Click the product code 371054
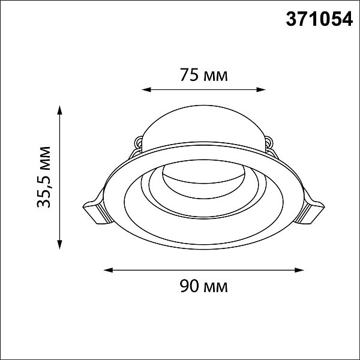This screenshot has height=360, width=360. pyautogui.click(x=319, y=19)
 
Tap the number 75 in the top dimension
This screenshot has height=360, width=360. pyautogui.click(x=189, y=74)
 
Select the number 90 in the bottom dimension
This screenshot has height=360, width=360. pyautogui.click(x=189, y=286)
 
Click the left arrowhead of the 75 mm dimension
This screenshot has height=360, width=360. pyautogui.click(x=146, y=89)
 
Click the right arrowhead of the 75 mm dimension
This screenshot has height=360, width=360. pyautogui.click(x=261, y=89)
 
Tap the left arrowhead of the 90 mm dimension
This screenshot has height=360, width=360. pyautogui.click(x=109, y=270)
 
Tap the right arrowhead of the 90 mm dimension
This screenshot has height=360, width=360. pyautogui.click(x=299, y=270)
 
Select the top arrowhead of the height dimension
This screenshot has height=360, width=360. pyautogui.click(x=59, y=110)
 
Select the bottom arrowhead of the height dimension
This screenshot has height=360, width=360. pyautogui.click(x=59, y=244)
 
